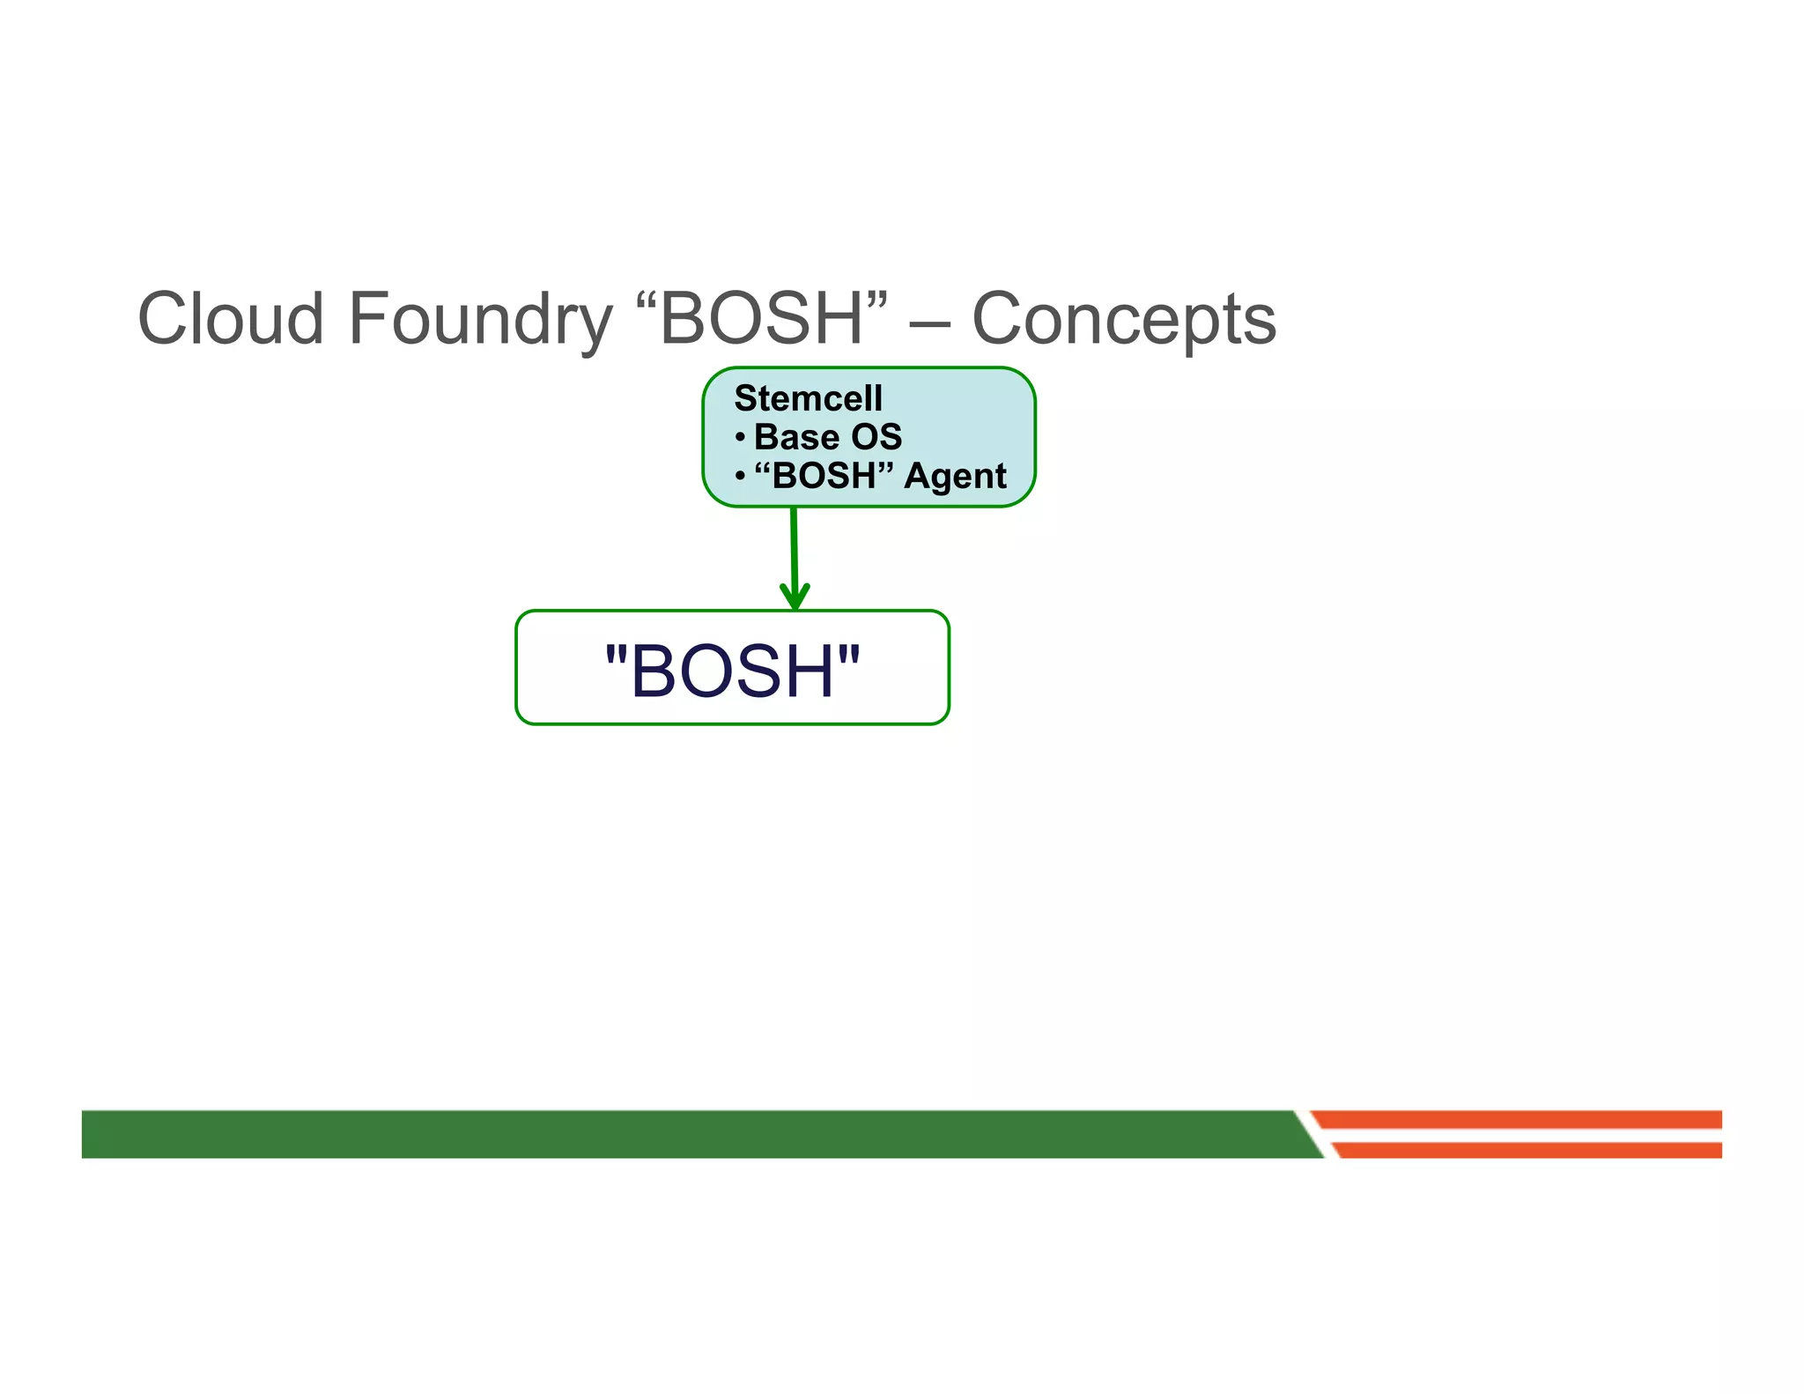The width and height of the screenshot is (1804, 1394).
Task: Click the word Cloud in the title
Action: pyautogui.click(x=231, y=319)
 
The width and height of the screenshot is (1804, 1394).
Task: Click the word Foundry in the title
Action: pyautogui.click(x=480, y=319)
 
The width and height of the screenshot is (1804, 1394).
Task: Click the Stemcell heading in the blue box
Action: pyautogui.click(x=808, y=398)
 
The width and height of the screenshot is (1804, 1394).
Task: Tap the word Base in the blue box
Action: pyautogui.click(x=796, y=437)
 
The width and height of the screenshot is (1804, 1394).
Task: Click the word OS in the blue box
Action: pyautogui.click(x=876, y=437)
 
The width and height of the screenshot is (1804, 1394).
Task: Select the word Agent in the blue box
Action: pyautogui.click(x=955, y=477)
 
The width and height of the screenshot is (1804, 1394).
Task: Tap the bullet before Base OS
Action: pyautogui.click(x=740, y=437)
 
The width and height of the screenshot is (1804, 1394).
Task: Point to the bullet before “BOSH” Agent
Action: pyautogui.click(x=740, y=477)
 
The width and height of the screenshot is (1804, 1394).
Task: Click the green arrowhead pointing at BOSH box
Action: pyautogui.click(x=795, y=597)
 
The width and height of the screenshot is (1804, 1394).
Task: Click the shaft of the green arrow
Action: pyautogui.click(x=794, y=546)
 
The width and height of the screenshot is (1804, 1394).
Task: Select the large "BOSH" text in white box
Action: pyautogui.click(x=732, y=671)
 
